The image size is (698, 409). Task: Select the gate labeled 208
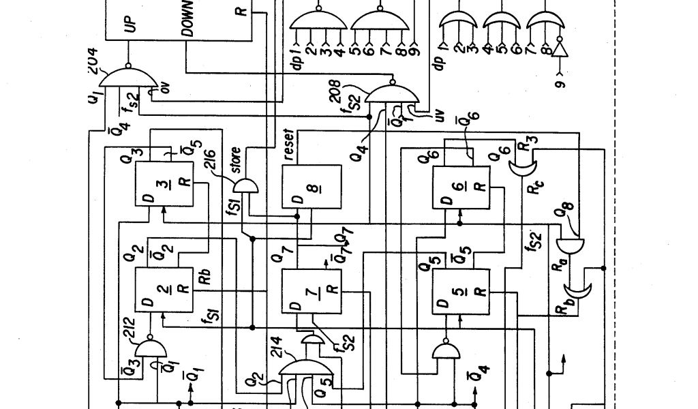pos(389,95)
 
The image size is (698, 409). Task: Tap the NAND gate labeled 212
pos(151,349)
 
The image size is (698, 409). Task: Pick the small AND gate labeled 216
pos(245,185)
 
